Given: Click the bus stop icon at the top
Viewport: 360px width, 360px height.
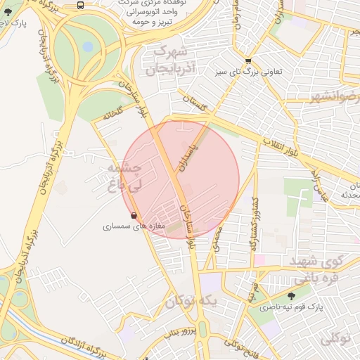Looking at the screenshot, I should point(80,5).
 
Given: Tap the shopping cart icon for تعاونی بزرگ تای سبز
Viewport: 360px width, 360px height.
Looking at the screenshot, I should point(248,60).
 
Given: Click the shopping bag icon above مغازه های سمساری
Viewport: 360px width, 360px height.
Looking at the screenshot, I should point(134,215).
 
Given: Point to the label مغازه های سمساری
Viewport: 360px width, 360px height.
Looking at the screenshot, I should point(134,226).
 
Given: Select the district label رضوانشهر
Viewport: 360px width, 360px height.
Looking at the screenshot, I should point(335,96).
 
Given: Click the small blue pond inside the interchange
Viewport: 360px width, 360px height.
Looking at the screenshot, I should point(87,47).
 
